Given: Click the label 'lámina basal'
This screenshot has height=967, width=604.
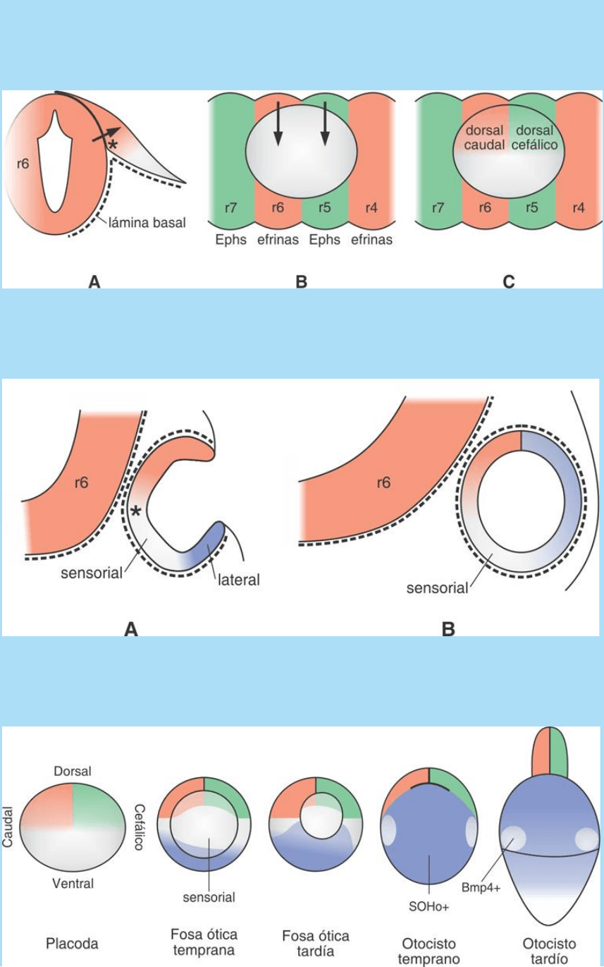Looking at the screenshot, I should coord(147,223).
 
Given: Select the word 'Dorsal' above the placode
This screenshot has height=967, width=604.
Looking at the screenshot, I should coord(72,772).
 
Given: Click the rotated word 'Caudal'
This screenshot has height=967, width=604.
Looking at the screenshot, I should coord(8,827).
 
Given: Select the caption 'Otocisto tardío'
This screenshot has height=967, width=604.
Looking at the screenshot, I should coord(549,949).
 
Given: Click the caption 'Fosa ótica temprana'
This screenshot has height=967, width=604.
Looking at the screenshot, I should coord(203,942).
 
